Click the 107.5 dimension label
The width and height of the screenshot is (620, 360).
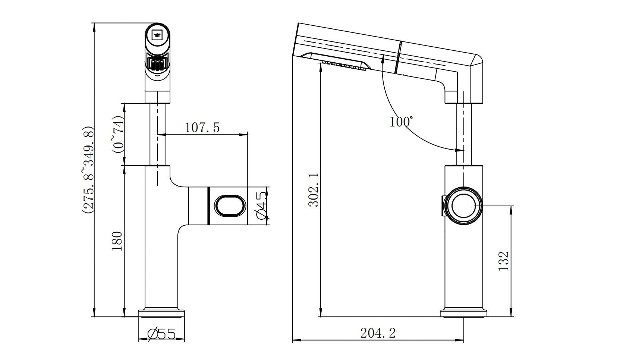point(202,128)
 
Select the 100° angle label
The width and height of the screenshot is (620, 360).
point(401,122)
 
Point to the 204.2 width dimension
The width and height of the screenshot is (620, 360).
point(378,333)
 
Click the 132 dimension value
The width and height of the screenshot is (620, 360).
point(504,261)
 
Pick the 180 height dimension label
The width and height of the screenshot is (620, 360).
point(117,241)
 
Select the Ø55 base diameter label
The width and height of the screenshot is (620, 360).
point(162,334)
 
